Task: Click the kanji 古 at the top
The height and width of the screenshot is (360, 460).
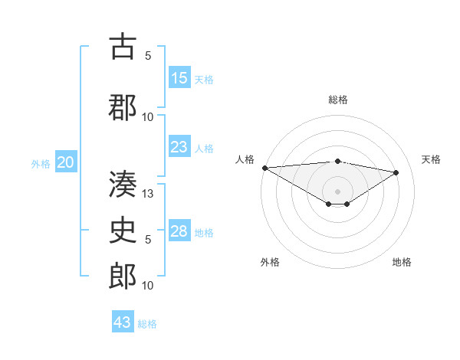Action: click(x=123, y=47)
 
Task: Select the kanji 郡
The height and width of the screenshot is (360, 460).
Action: click(x=123, y=106)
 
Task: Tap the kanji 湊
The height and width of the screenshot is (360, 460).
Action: click(x=123, y=185)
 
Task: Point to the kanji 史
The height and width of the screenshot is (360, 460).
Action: click(x=123, y=230)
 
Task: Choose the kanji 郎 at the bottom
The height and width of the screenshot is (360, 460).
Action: click(x=123, y=277)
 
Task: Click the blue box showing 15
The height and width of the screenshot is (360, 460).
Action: click(x=179, y=77)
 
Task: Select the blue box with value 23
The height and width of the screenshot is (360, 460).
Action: click(x=179, y=147)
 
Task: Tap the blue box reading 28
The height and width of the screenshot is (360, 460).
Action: click(x=179, y=231)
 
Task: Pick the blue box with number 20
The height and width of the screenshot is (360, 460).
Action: click(x=66, y=162)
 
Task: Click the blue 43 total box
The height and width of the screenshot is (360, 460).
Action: click(x=123, y=322)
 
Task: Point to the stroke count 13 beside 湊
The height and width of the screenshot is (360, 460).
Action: click(x=149, y=194)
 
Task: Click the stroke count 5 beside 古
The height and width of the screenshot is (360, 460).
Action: click(x=148, y=55)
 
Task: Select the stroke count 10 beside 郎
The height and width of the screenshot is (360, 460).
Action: click(x=149, y=286)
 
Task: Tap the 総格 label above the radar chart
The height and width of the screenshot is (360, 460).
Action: click(x=338, y=100)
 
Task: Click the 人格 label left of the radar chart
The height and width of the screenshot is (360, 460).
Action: click(x=245, y=159)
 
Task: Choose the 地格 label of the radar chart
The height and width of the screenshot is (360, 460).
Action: click(x=402, y=262)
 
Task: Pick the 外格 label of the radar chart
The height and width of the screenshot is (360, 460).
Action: click(x=270, y=262)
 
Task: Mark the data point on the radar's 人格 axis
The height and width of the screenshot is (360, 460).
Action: click(x=264, y=168)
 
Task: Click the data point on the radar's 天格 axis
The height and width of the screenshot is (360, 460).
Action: click(x=396, y=172)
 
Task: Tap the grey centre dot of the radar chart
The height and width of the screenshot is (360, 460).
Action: click(x=338, y=191)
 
